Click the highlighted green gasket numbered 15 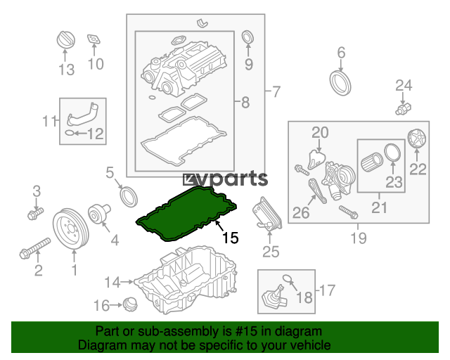pos(186,214)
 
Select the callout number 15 pos(231,238)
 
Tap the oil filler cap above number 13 pos(66,40)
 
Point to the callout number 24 pos(404,86)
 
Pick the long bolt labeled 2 pos(35,246)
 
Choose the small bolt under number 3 pos(35,214)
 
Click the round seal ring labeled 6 pos(340,83)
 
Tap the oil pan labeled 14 pos(186,280)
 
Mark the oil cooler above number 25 pos(267,214)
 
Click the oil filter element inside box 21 pos(371,162)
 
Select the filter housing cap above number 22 pos(417,139)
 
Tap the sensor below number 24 pos(403,109)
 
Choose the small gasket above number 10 pos(94,39)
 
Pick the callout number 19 pos(359,238)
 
